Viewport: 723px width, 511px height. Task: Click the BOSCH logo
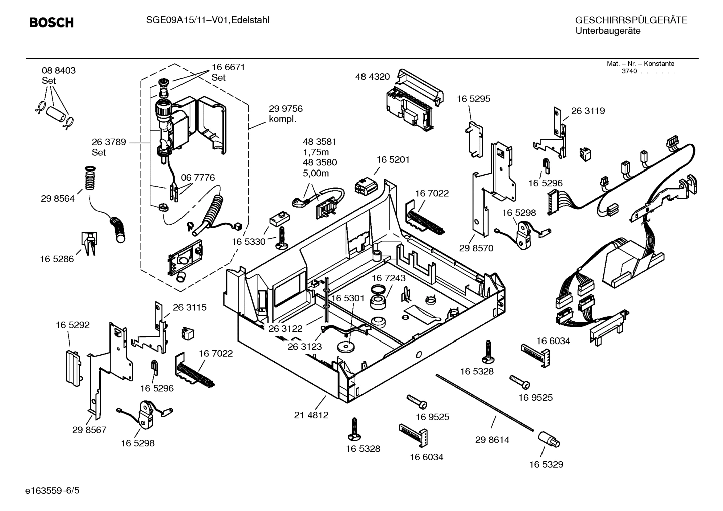[x=51, y=23]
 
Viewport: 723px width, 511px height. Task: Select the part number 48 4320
[x=372, y=77]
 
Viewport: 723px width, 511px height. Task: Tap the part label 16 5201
[x=393, y=160]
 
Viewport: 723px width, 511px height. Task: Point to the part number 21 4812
[x=311, y=415]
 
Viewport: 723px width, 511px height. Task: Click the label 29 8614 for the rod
[x=492, y=440]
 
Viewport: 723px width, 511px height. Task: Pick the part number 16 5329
[x=546, y=464]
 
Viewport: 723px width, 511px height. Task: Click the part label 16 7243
[x=389, y=278]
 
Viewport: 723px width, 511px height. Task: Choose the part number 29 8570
[x=476, y=248]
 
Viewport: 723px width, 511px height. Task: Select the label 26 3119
[x=588, y=111]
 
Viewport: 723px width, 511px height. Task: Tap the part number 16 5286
[x=57, y=259]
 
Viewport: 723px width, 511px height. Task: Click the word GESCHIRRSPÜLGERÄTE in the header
[x=631, y=21]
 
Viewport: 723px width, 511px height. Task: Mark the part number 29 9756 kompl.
[x=286, y=114]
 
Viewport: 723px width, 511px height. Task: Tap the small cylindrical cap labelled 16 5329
[x=549, y=439]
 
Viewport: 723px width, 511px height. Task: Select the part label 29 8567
[x=89, y=430]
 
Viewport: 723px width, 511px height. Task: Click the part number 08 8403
[x=59, y=71]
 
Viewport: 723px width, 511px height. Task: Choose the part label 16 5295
[x=473, y=99]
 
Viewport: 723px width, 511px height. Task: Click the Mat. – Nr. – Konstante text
[x=640, y=64]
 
